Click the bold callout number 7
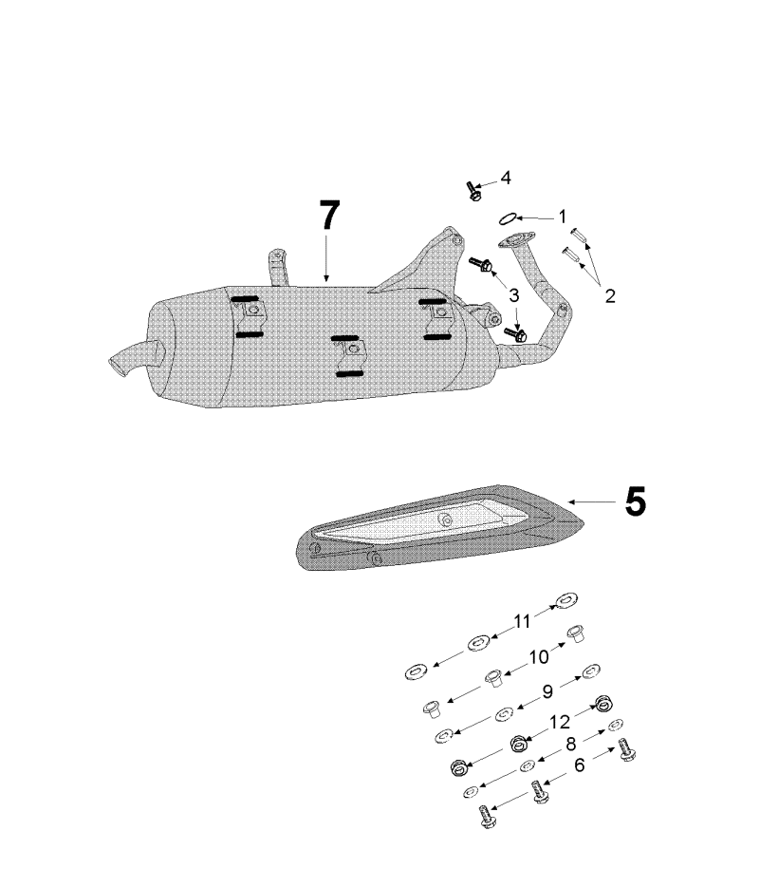327,217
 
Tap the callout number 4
506,178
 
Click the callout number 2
609,295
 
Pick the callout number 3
513,295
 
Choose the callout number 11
523,621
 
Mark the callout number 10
539,656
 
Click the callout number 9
547,693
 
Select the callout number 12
559,722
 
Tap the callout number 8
571,745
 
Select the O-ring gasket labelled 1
509,219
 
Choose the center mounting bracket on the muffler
348,354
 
